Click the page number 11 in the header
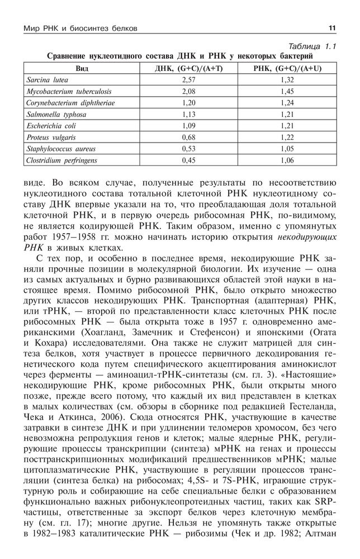pyautogui.click(x=331, y=28)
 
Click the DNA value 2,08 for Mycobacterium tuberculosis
pyautogui.click(x=188, y=91)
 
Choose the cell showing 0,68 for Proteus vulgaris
pyautogui.click(x=188, y=138)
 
